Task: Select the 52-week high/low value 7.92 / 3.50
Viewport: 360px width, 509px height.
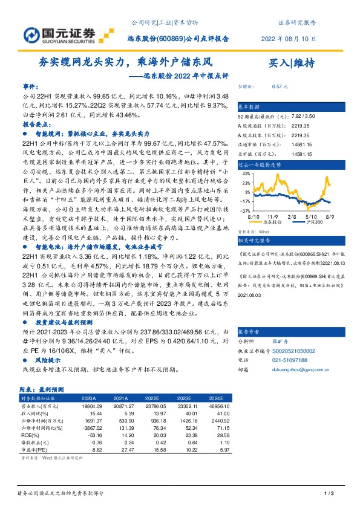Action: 303,115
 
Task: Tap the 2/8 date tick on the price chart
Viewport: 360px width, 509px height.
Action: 292,216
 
